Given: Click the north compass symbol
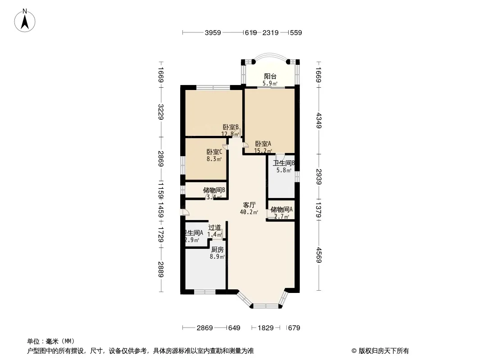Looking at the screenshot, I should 26,20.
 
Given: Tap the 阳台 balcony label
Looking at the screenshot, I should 270,76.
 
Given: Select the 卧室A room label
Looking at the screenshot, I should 263,144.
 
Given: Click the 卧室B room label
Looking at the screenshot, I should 230,127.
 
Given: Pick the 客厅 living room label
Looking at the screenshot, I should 249,205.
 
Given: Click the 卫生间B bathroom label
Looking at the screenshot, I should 284,163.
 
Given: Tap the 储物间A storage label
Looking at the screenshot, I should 281,209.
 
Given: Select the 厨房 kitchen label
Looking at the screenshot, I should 217,250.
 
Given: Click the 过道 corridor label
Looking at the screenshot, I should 214,228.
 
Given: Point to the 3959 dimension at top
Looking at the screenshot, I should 213,32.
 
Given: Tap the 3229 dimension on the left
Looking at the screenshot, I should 161,112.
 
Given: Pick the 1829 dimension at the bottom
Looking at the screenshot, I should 266,328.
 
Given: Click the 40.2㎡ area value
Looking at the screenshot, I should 249,212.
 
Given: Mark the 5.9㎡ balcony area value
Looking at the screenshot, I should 270,83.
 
